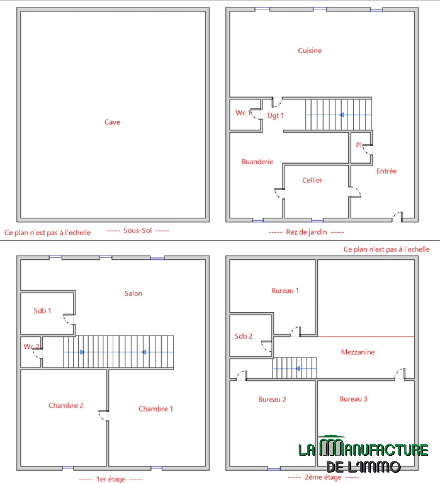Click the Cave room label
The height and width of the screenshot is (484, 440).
tap(112, 122)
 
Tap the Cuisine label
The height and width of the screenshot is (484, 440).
tap(310, 50)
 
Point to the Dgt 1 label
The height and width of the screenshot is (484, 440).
tap(276, 116)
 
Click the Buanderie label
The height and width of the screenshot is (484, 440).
tap(257, 161)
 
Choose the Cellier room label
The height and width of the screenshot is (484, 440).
tap(312, 180)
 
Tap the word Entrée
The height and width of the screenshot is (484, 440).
tap(386, 171)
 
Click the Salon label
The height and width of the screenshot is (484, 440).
tap(133, 293)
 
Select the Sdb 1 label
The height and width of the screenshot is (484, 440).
tap(42, 311)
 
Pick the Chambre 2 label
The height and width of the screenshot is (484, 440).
tap(66, 405)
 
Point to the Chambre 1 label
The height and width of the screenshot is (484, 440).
tap(156, 409)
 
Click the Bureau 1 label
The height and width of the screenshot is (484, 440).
tap(285, 290)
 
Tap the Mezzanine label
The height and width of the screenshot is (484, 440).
tap(358, 352)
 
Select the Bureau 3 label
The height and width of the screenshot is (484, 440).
tap(353, 399)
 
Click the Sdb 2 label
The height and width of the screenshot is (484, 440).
tap(243, 336)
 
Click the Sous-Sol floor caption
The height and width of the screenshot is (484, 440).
tap(137, 230)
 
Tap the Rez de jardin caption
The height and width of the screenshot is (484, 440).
tap(306, 232)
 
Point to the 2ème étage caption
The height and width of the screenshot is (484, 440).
tap(323, 477)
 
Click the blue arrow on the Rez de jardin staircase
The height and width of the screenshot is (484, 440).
tap(339, 115)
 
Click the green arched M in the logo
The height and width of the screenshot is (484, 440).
tap(331, 446)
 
